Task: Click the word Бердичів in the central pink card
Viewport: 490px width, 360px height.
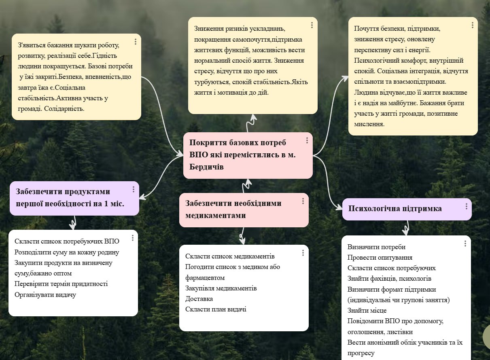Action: (x=206, y=167)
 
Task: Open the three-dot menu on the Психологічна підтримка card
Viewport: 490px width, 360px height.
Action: (x=466, y=206)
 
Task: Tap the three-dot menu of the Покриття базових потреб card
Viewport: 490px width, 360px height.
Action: (x=307, y=140)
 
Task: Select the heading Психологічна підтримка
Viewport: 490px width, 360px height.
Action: (x=395, y=209)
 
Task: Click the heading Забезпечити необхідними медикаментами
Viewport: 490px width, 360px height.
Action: (x=233, y=209)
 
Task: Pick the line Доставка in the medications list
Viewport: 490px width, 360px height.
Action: (x=199, y=299)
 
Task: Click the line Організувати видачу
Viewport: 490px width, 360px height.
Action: (x=45, y=294)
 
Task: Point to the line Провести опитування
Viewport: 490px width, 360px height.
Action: (x=380, y=257)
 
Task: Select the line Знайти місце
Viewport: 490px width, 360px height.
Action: (x=367, y=310)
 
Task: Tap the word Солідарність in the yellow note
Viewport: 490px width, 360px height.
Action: (x=64, y=108)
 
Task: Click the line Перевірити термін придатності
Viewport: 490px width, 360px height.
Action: (x=61, y=284)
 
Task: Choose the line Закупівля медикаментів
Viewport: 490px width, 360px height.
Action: (x=221, y=288)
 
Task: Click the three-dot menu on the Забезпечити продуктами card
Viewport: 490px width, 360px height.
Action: (x=133, y=189)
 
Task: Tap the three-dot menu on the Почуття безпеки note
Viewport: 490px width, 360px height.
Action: (x=472, y=25)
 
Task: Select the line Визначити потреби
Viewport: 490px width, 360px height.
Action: (x=376, y=247)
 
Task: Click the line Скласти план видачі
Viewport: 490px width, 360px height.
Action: (x=216, y=309)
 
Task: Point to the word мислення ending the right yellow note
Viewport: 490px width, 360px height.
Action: (x=369, y=124)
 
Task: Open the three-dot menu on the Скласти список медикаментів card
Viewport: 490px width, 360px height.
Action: (x=303, y=253)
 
